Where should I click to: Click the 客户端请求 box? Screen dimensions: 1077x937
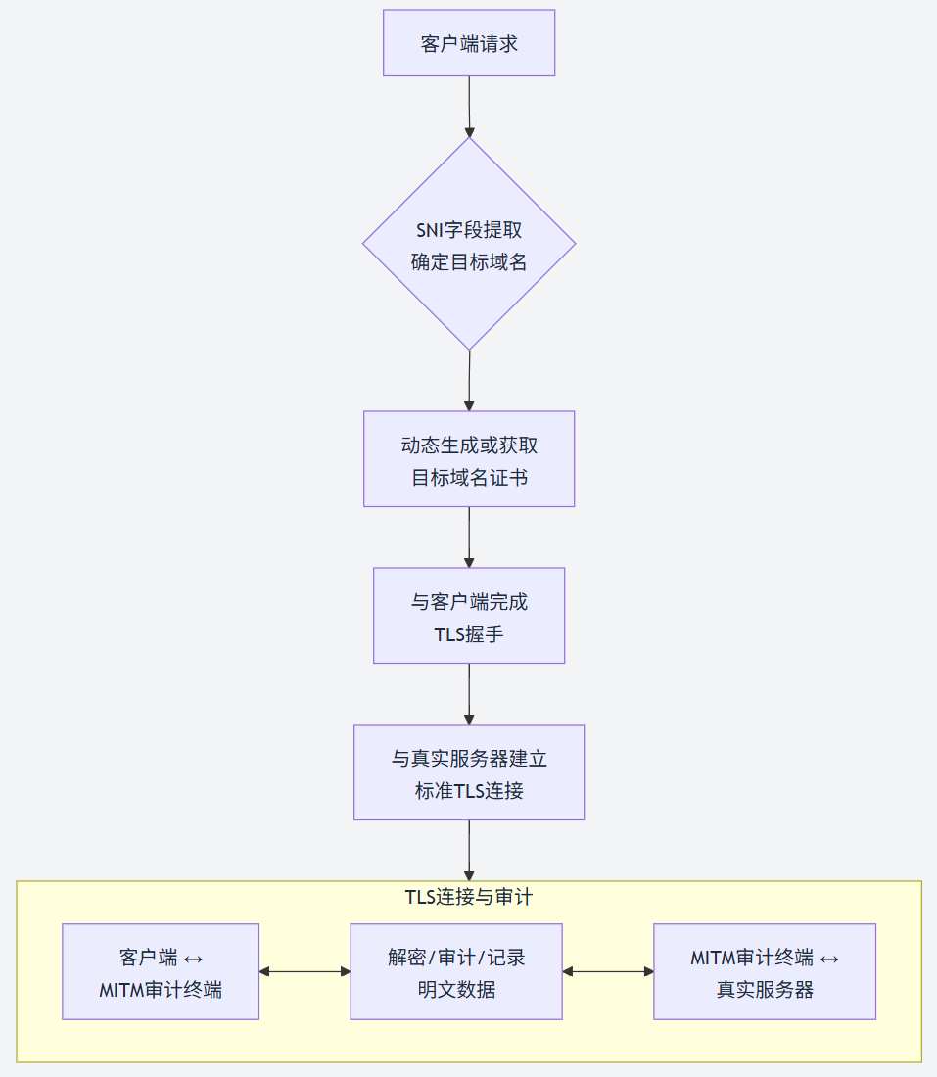[469, 43]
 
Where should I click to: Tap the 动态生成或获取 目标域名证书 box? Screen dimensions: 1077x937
[469, 458]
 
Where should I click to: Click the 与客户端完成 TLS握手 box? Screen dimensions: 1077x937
[469, 615]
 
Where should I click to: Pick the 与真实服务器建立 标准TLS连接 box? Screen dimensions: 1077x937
[469, 772]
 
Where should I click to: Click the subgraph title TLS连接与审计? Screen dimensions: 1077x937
[469, 896]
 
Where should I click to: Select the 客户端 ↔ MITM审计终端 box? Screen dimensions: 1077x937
[161, 971]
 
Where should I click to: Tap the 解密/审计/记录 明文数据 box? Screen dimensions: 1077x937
[456, 971]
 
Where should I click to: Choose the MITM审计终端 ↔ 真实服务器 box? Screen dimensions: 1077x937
[765, 971]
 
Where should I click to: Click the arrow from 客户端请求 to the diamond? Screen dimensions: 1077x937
[469, 106]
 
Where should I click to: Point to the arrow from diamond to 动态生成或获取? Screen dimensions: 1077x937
[469, 380]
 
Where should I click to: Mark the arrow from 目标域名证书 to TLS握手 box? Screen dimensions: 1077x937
[469, 537]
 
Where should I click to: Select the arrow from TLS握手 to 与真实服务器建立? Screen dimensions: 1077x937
[469, 693]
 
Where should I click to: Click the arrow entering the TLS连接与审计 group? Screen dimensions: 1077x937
[469, 850]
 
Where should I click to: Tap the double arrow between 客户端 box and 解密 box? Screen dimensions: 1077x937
[305, 971]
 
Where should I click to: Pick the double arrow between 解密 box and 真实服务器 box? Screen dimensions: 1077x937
[608, 971]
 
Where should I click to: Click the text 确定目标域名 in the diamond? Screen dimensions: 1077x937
[469, 262]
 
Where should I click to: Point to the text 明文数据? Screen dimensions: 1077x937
[456, 990]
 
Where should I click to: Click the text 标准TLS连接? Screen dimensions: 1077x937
[469, 791]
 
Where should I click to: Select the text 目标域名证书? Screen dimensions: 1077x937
[469, 478]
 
